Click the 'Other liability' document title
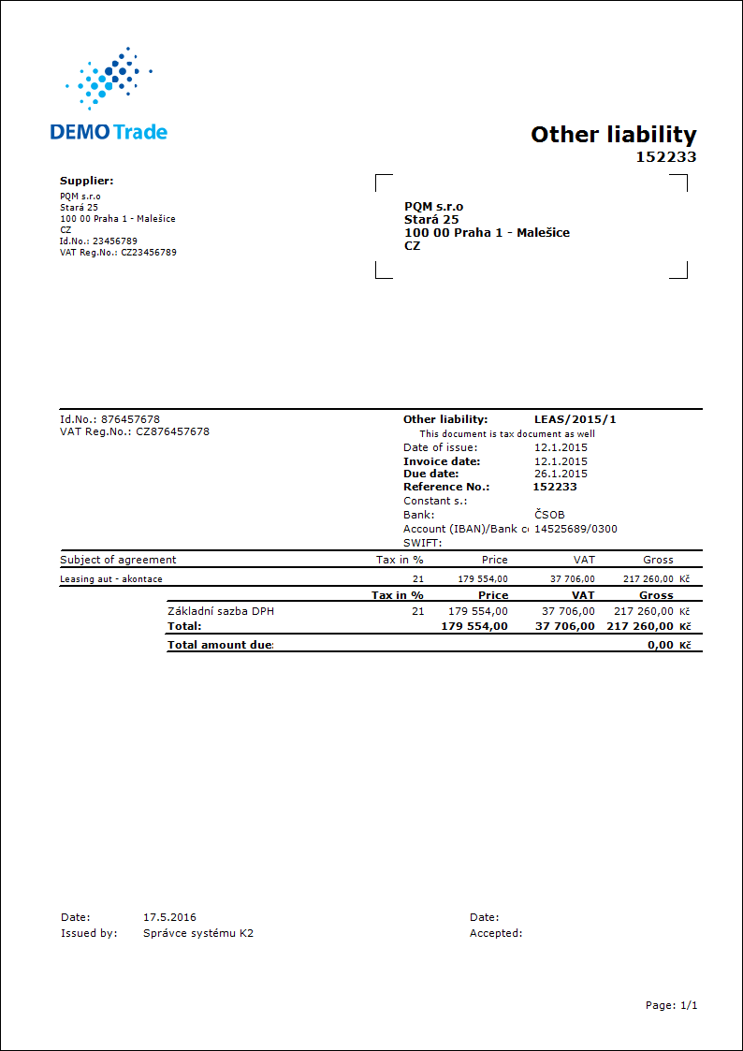point(613,135)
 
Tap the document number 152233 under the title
point(666,157)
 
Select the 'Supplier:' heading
point(86,181)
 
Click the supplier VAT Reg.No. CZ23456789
point(118,252)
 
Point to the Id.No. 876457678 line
point(109,419)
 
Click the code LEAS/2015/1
point(575,419)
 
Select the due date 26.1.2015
point(561,474)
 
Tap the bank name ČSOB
point(549,515)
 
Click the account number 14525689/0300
point(575,529)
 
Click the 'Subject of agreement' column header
point(118,560)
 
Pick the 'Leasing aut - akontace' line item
point(110,579)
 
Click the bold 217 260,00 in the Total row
point(639,626)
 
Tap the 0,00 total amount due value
point(660,645)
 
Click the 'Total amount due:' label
point(220,645)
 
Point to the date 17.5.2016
point(169,917)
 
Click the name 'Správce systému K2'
point(197,933)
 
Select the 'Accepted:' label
point(496,933)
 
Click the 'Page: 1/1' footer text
point(671,1005)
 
